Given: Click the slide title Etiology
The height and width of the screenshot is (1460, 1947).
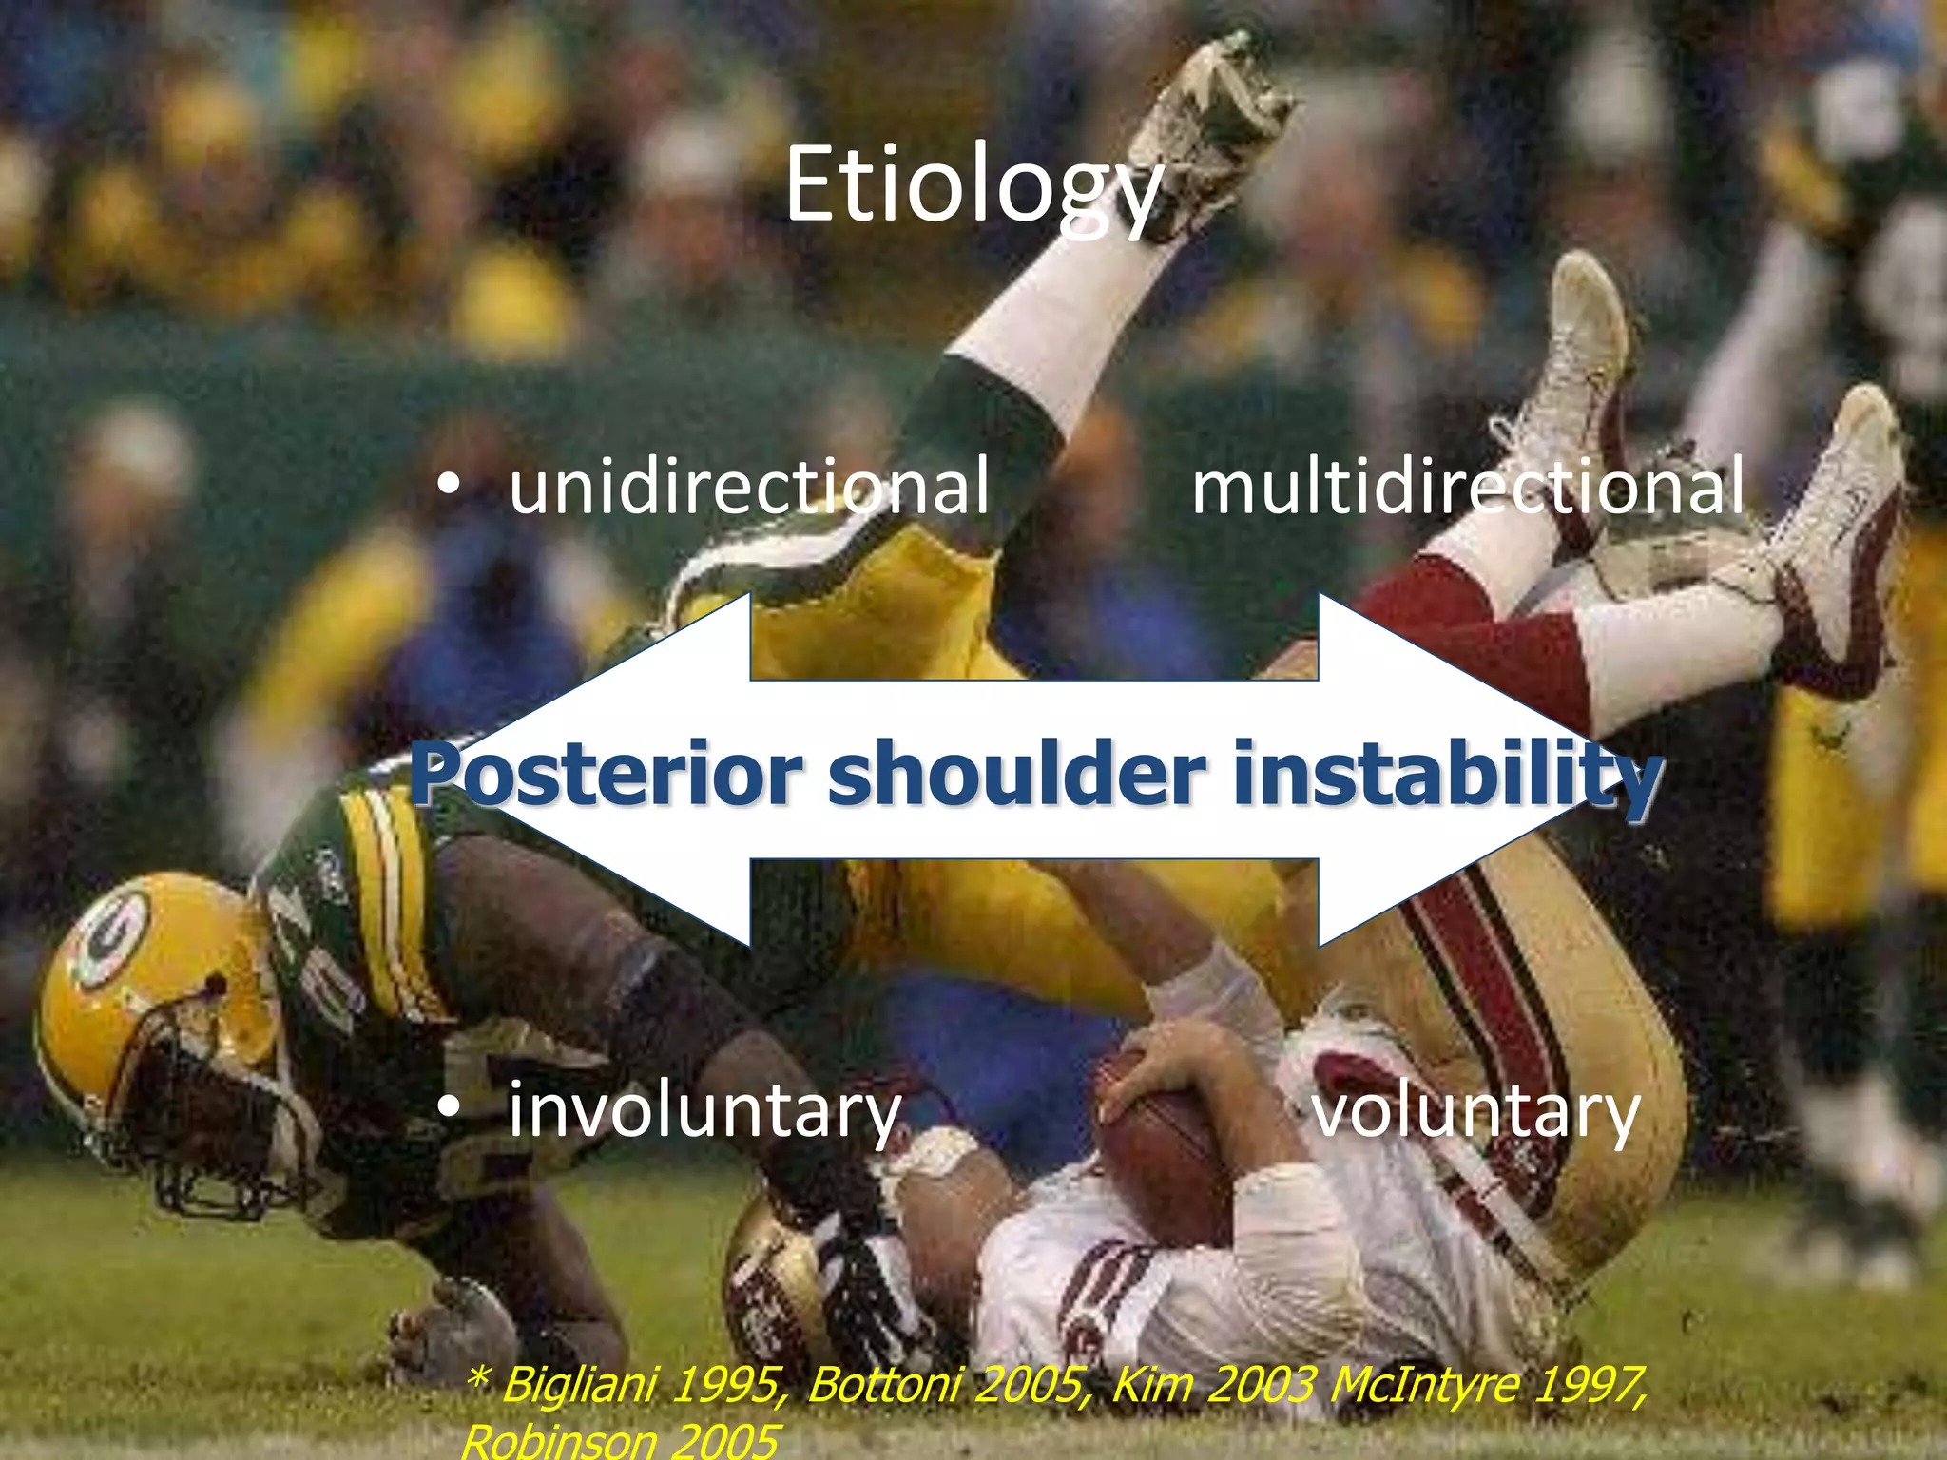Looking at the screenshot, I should (973, 185).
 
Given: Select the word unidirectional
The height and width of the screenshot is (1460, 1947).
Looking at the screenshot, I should (749, 487).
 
